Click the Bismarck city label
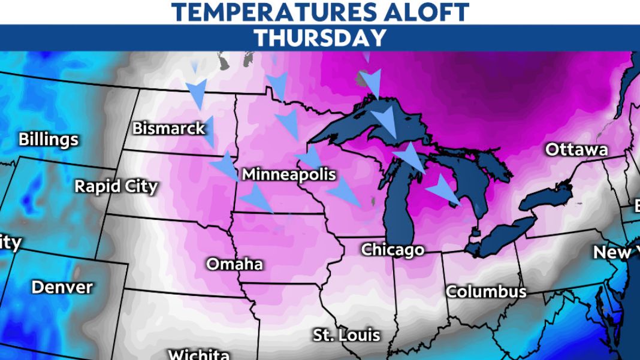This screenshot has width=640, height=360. point(168,128)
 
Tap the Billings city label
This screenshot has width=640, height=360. point(49,140)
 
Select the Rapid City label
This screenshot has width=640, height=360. point(116,186)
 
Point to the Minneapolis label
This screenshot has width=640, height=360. point(288,175)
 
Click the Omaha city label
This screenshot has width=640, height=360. point(235,264)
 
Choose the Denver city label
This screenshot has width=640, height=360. point(62,287)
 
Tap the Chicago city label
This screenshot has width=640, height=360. point(393,249)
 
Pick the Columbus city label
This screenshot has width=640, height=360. point(486,292)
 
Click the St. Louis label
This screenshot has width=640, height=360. point(346,335)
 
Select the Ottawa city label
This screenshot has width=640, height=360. point(576,150)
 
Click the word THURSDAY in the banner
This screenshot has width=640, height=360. point(320,38)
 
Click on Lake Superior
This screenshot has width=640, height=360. point(360,123)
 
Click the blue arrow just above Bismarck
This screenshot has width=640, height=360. point(196,93)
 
